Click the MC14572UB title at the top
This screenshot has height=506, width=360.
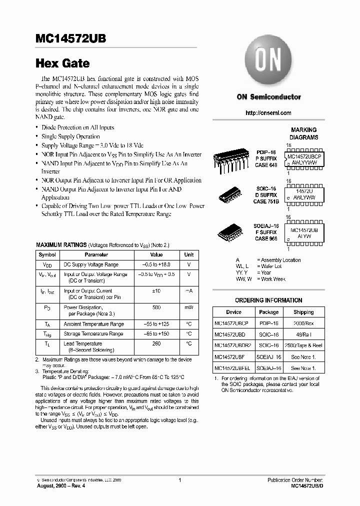click(70, 39)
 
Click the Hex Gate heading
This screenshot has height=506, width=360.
click(62, 63)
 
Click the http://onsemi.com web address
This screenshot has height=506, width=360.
click(268, 113)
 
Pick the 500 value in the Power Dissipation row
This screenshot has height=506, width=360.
click(156, 307)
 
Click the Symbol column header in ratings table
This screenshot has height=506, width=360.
click(47, 255)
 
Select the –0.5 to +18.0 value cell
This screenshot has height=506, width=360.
click(156, 264)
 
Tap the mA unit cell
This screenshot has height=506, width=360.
click(188, 290)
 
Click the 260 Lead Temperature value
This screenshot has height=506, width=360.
click(156, 343)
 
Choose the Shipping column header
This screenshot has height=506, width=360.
click(303, 312)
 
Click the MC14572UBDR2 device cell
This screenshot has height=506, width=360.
click(233, 345)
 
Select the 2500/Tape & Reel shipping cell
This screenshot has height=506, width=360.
click(303, 345)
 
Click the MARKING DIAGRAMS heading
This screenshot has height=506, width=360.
click(303, 133)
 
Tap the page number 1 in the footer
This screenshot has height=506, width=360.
click(179, 480)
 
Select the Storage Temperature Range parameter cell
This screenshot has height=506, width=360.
click(93, 333)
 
